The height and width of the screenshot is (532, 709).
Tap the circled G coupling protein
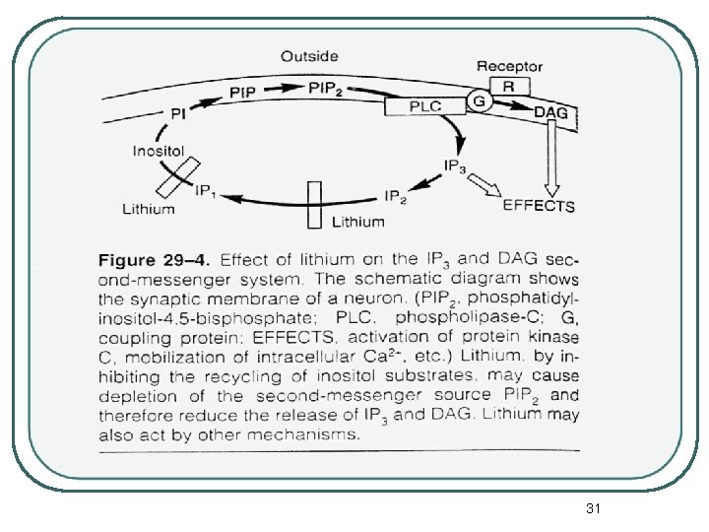[478, 101]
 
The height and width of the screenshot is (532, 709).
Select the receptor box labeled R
[508, 87]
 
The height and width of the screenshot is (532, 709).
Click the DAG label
[550, 113]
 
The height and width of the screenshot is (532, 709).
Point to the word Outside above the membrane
[310, 56]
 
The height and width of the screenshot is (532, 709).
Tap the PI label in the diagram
[178, 114]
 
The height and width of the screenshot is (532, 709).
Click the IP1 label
[208, 189]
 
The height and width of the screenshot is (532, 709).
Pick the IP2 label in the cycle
[397, 196]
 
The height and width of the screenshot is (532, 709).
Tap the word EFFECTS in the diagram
[539, 207]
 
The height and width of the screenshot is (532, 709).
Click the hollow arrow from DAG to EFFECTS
[551, 158]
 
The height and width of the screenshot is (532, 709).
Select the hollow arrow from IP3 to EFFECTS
[484, 183]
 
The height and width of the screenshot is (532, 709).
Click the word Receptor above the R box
[509, 66]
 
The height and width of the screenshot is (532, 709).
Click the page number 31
[593, 508]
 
